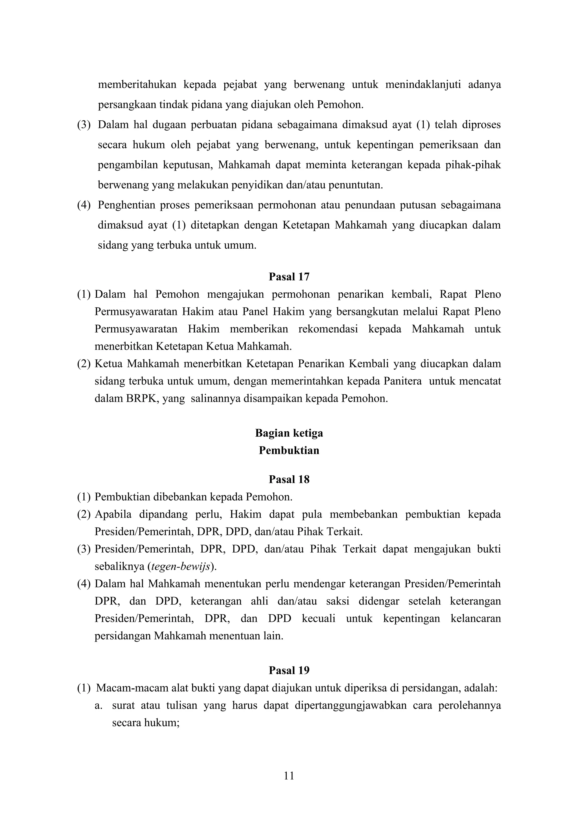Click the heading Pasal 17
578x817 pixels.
(289, 277)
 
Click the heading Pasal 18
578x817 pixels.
(289, 479)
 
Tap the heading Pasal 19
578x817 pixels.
(289, 670)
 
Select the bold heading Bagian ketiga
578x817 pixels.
(289, 433)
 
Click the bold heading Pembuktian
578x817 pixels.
(289, 451)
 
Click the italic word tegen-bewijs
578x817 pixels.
(181, 566)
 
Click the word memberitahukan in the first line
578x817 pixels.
(137, 85)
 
